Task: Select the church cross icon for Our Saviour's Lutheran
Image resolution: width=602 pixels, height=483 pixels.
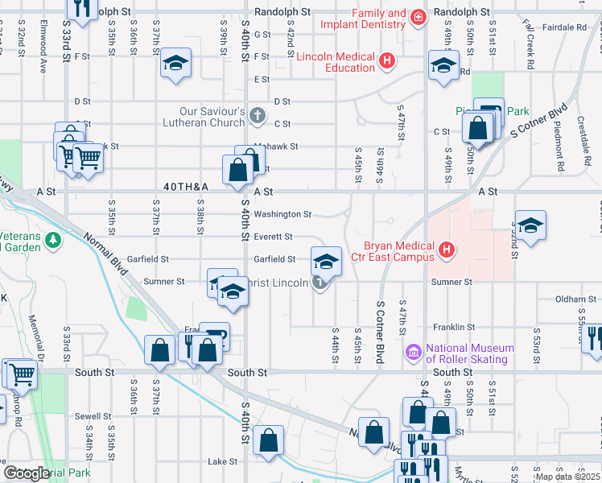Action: pyautogui.click(x=258, y=116)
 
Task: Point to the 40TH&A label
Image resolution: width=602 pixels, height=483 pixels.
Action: pyautogui.click(x=185, y=187)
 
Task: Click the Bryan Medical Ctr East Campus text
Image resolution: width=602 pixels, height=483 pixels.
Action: pyautogui.click(x=392, y=252)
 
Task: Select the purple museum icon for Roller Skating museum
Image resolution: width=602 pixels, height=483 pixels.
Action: pyautogui.click(x=414, y=352)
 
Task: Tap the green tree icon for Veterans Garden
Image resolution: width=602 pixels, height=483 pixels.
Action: pyautogui.click(x=52, y=240)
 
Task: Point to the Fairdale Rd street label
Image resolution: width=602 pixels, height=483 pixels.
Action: pyautogui.click(x=564, y=27)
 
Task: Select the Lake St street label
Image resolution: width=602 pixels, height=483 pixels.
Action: pyautogui.click(x=219, y=462)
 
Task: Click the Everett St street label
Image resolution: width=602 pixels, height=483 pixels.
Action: pyautogui.click(x=273, y=237)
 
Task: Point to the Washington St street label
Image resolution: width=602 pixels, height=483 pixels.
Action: pyautogui.click(x=282, y=215)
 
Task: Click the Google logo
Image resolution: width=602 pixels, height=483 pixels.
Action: pyautogui.click(x=27, y=473)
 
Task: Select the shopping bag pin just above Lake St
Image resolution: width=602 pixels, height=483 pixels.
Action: pyautogui.click(x=269, y=440)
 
